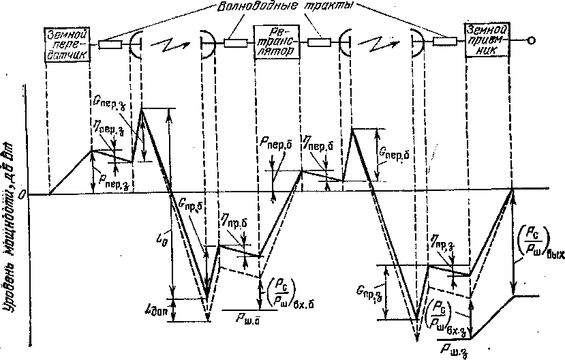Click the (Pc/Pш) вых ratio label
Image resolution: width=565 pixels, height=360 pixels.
[x=538, y=242]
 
